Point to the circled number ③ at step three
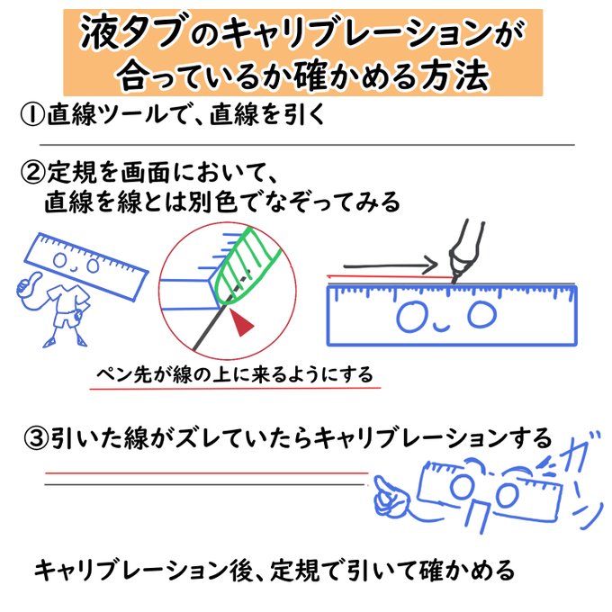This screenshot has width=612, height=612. coord(34,439)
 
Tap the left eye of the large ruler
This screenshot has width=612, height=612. coord(412,316)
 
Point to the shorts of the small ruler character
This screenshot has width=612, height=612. coord(66,318)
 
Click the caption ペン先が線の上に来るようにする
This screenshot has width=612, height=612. coord(236,373)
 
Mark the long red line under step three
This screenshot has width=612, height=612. coord(207,472)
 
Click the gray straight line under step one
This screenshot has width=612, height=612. coord(306,145)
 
